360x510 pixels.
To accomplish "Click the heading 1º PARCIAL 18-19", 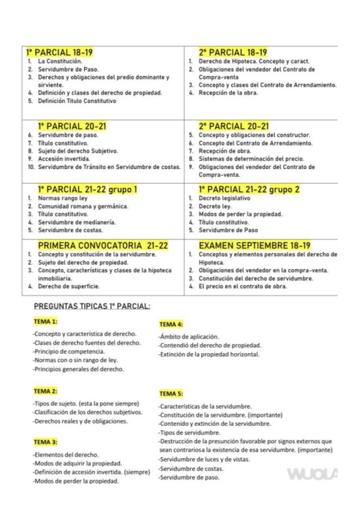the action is click(x=59, y=52).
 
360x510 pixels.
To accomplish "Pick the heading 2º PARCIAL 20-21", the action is click(x=233, y=126).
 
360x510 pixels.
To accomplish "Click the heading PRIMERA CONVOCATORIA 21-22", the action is click(x=103, y=245).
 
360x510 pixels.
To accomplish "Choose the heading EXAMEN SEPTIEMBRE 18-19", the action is click(x=263, y=245).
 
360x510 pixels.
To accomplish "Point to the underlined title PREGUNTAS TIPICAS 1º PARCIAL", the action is click(x=91, y=306).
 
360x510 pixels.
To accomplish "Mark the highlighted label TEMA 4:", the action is click(x=171, y=325).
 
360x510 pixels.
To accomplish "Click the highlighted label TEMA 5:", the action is click(x=171, y=393).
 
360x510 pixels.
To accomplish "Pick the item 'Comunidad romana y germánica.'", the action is click(x=76, y=206).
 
